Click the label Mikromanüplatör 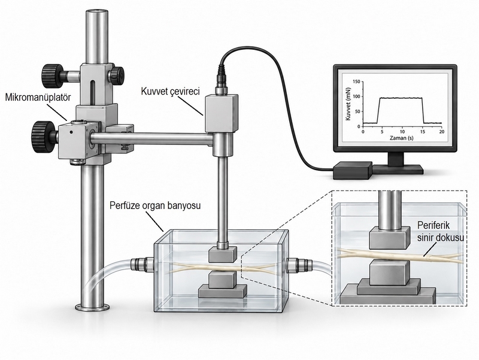pos(38,98)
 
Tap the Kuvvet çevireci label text pos(170,91)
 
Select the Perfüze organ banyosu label pos(155,205)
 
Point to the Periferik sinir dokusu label pos(439,232)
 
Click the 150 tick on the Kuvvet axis pos(356,81)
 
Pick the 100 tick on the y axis pos(356,96)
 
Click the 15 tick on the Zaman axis pos(422,131)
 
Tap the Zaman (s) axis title pos(401,138)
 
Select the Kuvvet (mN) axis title pos(348,104)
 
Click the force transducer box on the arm pos(222,113)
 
